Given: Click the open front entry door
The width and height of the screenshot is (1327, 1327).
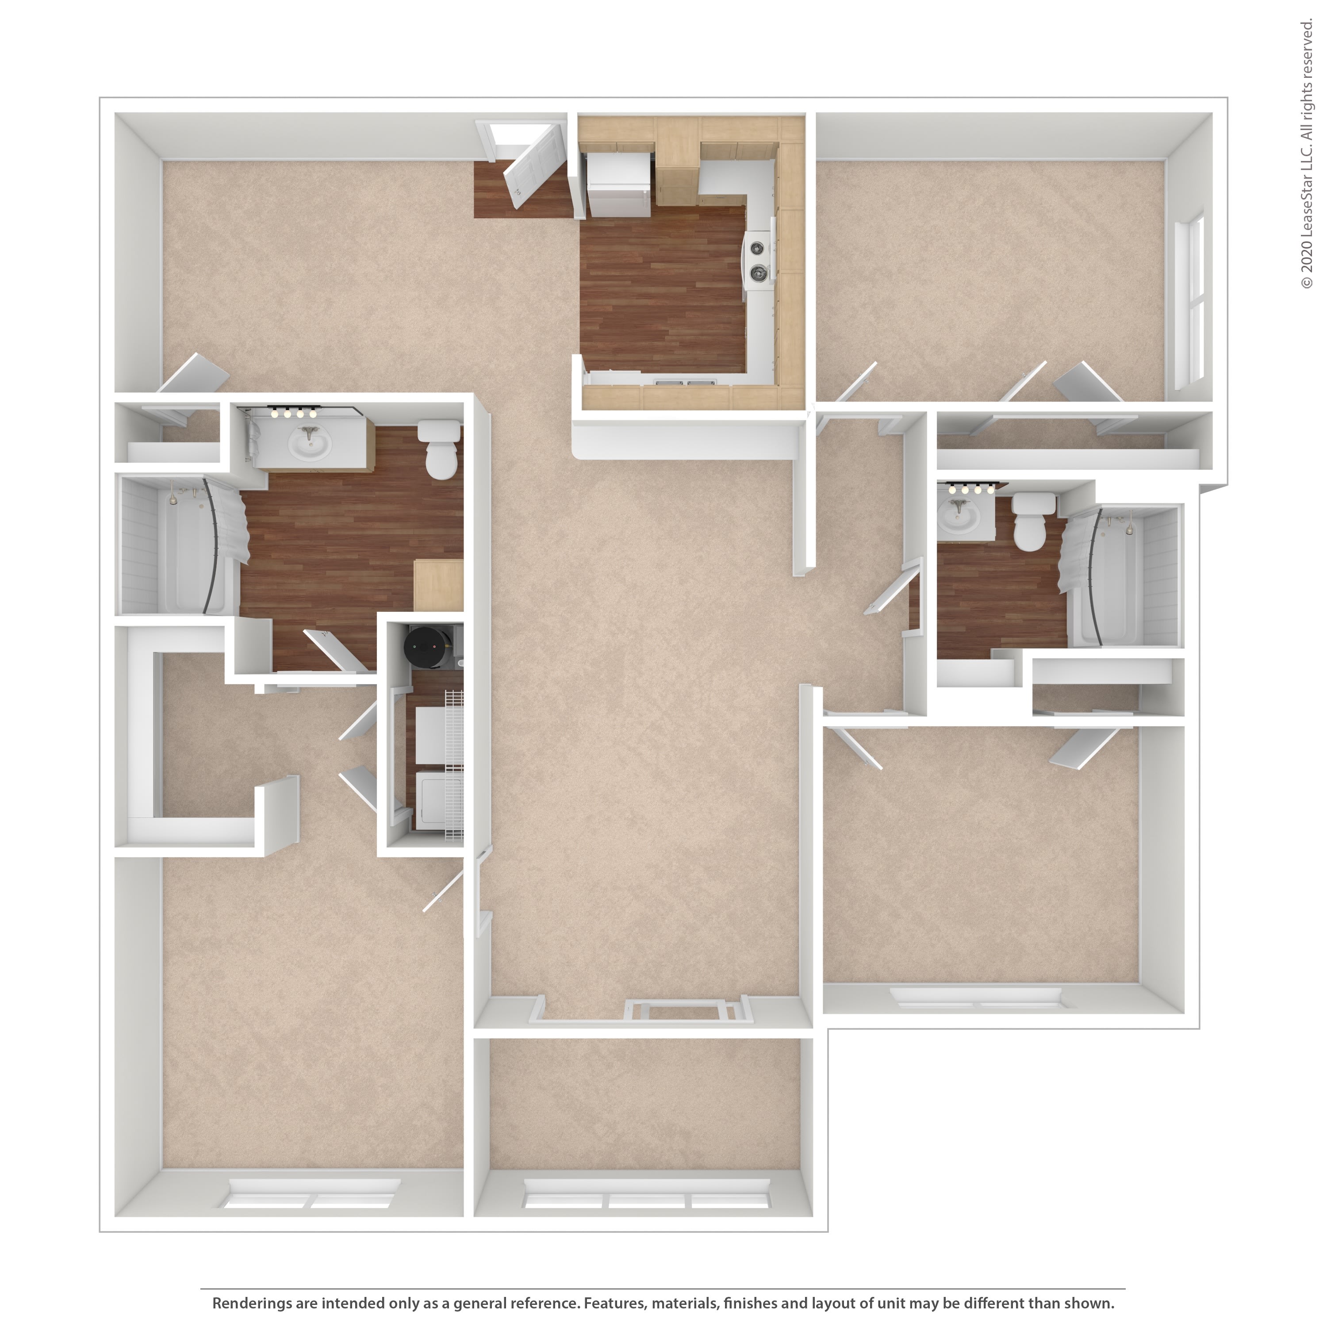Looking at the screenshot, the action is pyautogui.click(x=534, y=164).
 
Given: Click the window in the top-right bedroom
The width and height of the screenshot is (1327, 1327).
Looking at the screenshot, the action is pyautogui.click(x=1190, y=302).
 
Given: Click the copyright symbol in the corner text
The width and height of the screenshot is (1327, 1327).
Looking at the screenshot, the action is pyautogui.click(x=1306, y=282).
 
